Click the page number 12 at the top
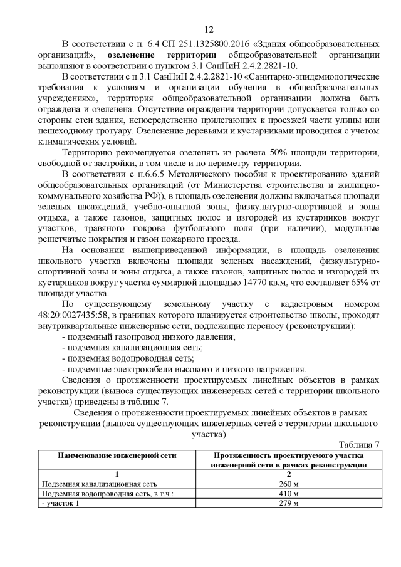(x=209, y=29)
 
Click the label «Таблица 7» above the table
(x=359, y=445)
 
